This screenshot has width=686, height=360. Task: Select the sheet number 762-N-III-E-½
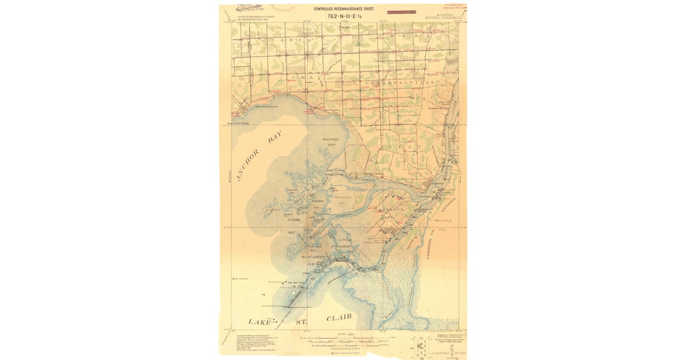(344, 17)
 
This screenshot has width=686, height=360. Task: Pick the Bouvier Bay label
(331, 142)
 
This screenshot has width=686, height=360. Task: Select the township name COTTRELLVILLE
(396, 83)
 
